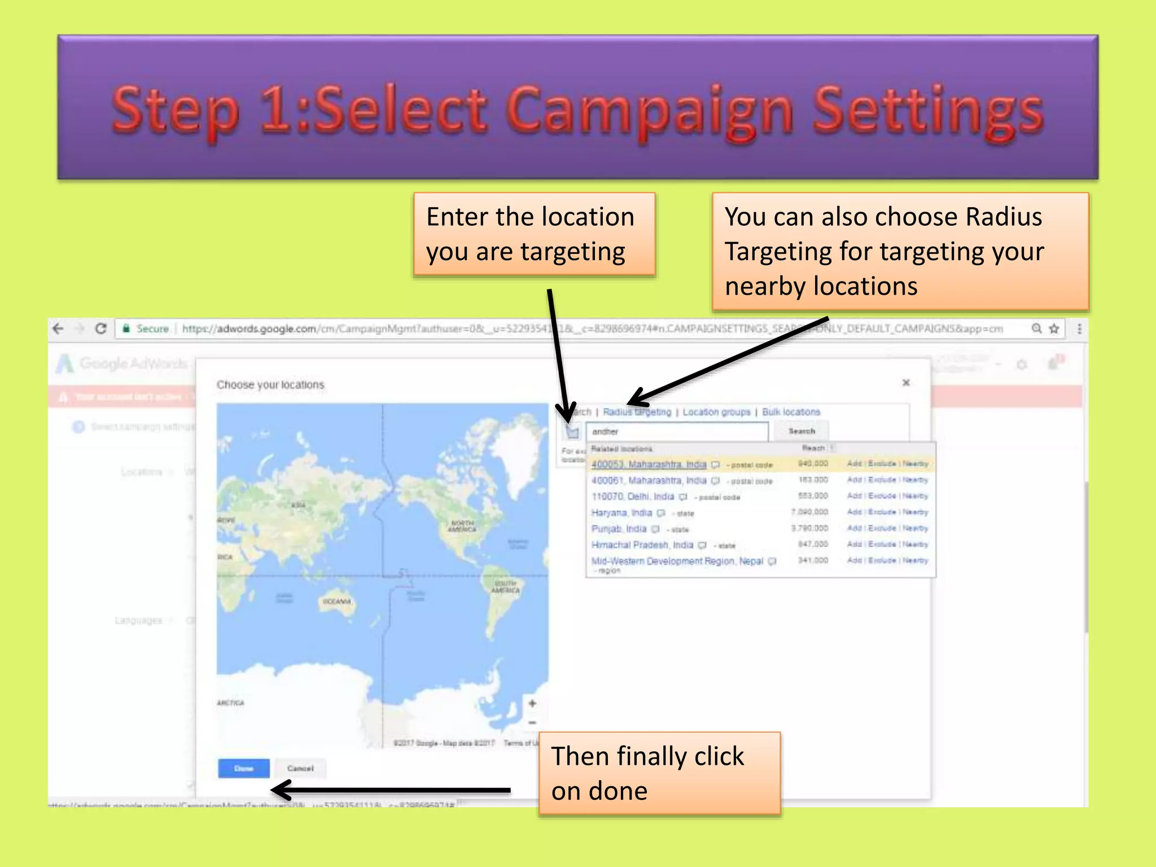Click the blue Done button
tap(243, 768)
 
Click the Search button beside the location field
tap(802, 431)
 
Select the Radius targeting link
tap(637, 412)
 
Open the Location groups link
tap(716, 412)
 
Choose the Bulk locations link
tap(791, 412)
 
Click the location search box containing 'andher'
tap(676, 432)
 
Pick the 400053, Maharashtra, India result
tap(649, 465)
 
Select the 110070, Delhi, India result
tap(632, 497)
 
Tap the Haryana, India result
tap(621, 513)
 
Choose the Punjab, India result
tap(619, 529)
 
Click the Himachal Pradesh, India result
tap(642, 545)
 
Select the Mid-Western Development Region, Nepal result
tap(677, 561)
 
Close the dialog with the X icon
tap(906, 383)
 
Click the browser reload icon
tap(101, 329)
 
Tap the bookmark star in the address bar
tap(1054, 329)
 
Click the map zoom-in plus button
tap(532, 703)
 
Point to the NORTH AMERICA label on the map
tap(462, 526)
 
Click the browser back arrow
tap(58, 329)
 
